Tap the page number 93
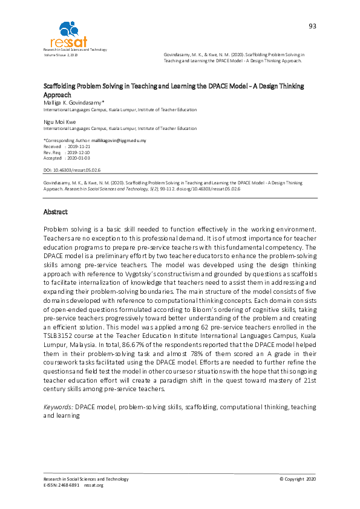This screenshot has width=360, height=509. pos(312,26)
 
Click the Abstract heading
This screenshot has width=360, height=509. pos(56,212)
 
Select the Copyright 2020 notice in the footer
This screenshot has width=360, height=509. pos(297,479)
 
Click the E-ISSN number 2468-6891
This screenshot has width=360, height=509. pos(70,485)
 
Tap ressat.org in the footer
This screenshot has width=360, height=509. pos(94,485)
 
